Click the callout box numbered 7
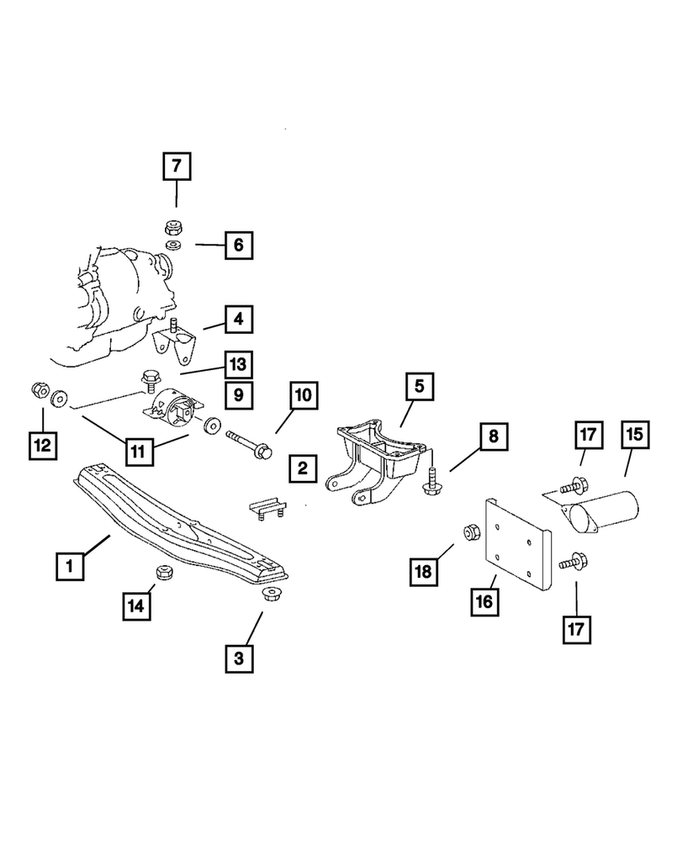[x=176, y=166]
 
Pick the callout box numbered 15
[x=632, y=435]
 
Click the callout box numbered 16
[x=489, y=602]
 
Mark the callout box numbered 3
[x=239, y=659]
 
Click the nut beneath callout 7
[x=175, y=226]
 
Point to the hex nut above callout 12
[x=38, y=390]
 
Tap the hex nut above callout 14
[x=165, y=573]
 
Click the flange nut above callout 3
[x=268, y=596]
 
